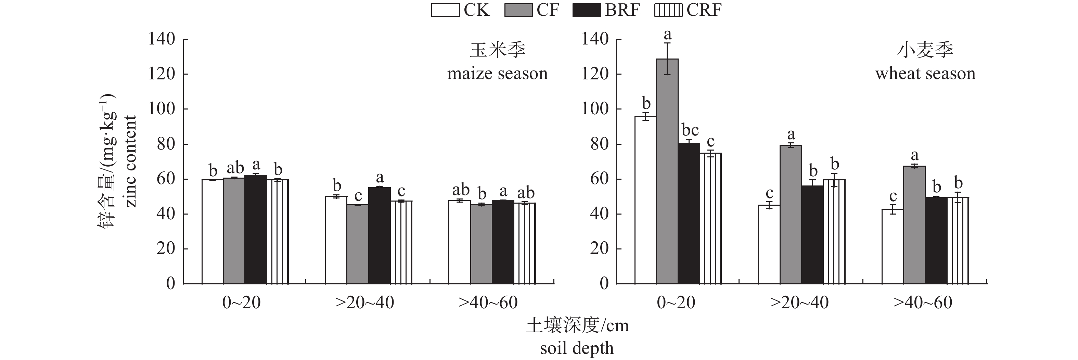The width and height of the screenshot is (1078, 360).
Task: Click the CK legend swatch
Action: coord(445,10)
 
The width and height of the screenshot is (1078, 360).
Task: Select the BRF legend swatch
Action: coord(587,10)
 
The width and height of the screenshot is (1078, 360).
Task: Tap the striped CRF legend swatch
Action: coord(668,10)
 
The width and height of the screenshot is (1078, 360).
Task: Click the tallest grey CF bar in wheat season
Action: coord(667,172)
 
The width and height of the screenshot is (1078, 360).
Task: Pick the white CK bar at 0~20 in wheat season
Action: coord(645,200)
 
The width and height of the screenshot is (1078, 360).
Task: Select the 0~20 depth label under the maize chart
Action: coord(242,303)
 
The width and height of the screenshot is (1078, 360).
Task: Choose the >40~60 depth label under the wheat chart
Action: coord(923,303)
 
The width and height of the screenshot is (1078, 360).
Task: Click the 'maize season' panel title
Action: coord(497,74)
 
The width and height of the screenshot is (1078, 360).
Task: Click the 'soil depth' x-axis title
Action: coord(577,348)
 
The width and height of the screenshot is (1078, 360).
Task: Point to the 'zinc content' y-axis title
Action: coord(131,161)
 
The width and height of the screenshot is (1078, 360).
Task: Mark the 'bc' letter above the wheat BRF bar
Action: coord(690,130)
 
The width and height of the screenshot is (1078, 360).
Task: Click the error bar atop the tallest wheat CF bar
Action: coord(667,59)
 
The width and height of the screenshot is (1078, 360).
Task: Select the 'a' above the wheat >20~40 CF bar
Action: coord(791,135)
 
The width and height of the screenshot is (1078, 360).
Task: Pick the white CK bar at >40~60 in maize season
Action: coord(460,242)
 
